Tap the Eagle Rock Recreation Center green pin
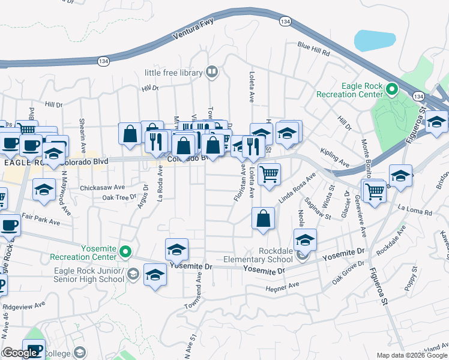[392, 90]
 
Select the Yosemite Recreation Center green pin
[125, 252]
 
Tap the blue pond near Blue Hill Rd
[375, 40]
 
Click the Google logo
[19, 353]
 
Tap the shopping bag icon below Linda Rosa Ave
[263, 218]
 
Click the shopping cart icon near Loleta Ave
[270, 174]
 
